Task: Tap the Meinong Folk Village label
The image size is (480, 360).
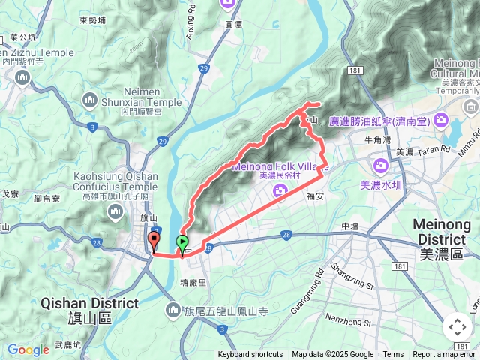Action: [x=277, y=166]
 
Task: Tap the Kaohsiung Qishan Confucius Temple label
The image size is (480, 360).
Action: [x=115, y=181]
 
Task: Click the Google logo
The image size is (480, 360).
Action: [x=28, y=349]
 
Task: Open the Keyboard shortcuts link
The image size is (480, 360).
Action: [x=250, y=355]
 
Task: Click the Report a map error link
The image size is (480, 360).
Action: [x=444, y=355]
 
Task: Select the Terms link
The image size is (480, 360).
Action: [x=393, y=355]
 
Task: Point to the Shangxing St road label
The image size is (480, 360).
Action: [x=352, y=274]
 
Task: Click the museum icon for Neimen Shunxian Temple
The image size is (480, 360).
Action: [x=90, y=98]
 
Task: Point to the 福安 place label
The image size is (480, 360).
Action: [x=314, y=197]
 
